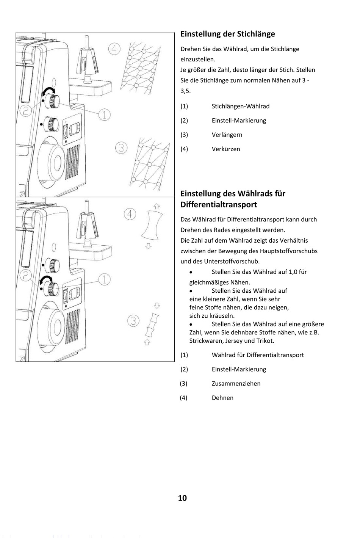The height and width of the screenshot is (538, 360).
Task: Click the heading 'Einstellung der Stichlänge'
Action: [227, 34]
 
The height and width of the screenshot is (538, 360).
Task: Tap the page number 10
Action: [182, 498]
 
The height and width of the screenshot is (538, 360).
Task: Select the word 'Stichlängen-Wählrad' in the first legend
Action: [240, 106]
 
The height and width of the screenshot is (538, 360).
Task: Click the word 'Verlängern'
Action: [227, 135]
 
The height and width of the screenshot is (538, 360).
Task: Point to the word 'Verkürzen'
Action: [225, 149]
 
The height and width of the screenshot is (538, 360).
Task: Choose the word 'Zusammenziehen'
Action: [236, 383]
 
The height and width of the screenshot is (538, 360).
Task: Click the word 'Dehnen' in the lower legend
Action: [222, 398]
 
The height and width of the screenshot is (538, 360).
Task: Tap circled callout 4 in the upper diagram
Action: [114, 49]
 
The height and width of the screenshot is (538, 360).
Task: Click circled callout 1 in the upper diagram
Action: [105, 114]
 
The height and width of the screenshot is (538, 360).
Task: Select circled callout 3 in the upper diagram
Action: [121, 147]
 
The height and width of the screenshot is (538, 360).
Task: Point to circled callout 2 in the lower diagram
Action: [25, 275]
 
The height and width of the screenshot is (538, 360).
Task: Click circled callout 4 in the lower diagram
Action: [130, 214]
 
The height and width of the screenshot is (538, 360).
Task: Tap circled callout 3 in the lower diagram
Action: [133, 321]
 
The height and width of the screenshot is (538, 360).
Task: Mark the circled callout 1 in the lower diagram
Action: [105, 279]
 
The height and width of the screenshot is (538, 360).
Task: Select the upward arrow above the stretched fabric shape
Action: [157, 207]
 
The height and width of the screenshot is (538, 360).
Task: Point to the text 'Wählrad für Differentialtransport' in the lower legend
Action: [258, 355]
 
